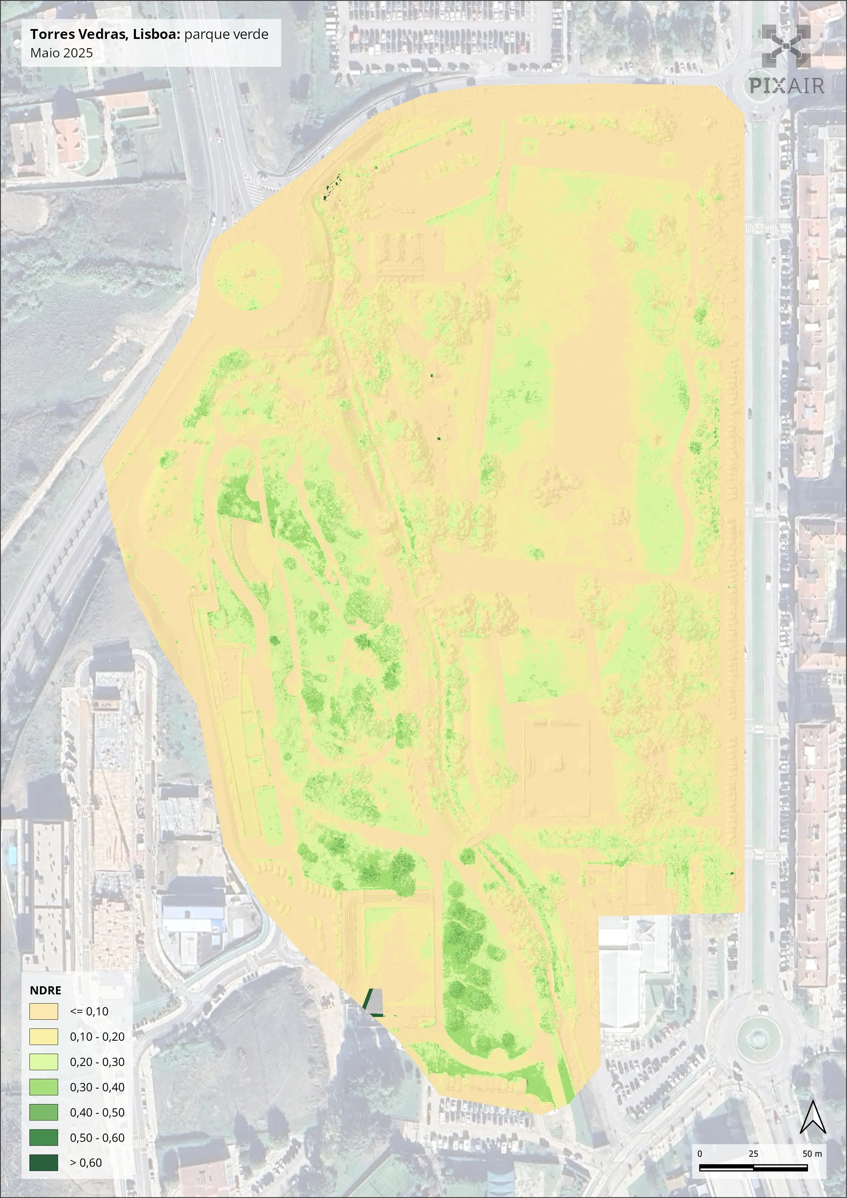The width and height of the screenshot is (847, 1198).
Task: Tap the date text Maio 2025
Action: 61,53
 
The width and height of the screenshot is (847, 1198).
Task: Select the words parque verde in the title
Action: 226,35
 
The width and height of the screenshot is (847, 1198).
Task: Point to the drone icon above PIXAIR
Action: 786,46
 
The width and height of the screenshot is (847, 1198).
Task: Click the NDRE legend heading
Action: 45,990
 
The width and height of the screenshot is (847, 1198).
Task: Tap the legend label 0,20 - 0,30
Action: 97,1062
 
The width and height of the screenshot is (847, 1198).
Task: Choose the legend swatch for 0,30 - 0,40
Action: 43,1087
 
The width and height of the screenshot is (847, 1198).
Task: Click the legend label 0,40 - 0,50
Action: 97,1112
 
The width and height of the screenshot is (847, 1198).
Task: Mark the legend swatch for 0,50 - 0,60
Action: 43,1138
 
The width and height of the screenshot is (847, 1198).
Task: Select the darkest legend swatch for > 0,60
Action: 43,1162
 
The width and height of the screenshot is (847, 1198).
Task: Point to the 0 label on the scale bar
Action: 699,1154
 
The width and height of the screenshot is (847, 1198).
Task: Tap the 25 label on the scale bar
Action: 753,1154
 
